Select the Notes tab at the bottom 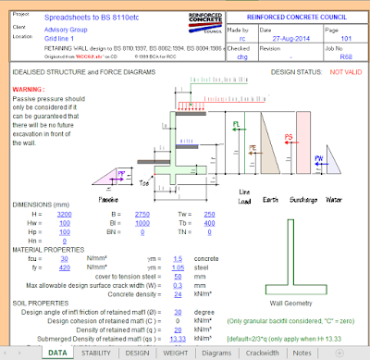click(x=302, y=352)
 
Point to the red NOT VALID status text click(x=348, y=71)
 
